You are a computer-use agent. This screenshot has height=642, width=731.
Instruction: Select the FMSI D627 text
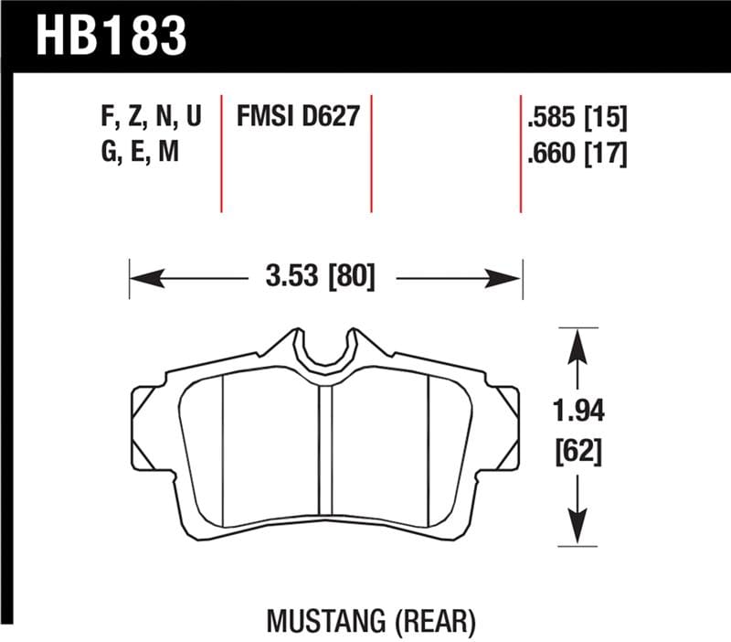(x=296, y=117)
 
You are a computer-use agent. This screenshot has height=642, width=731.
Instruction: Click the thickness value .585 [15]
(x=577, y=117)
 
